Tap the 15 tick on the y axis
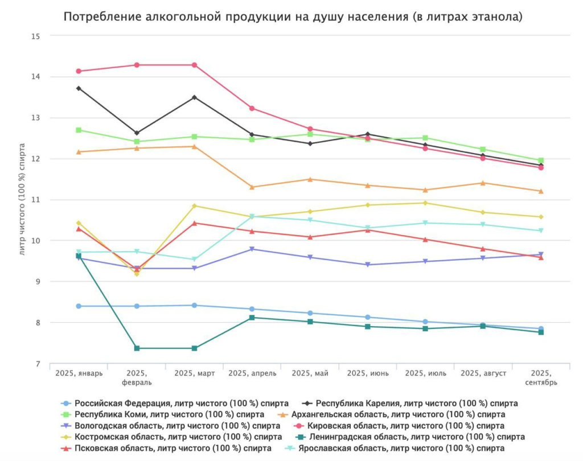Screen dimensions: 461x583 36,36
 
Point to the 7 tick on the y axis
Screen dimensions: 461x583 38,364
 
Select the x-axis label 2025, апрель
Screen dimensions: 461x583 252,373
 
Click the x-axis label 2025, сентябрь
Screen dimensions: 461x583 541,378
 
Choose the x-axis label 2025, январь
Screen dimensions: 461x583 79,373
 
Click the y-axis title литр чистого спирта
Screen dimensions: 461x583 23,200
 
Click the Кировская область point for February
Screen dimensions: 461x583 137,65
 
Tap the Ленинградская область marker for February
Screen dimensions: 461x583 137,348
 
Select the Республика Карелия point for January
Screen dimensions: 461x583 79,88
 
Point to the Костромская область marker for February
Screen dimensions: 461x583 137,274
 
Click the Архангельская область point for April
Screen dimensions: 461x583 252,187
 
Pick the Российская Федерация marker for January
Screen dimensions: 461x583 79,306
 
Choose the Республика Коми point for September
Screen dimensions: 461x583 541,160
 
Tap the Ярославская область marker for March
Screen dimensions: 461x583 195,260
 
